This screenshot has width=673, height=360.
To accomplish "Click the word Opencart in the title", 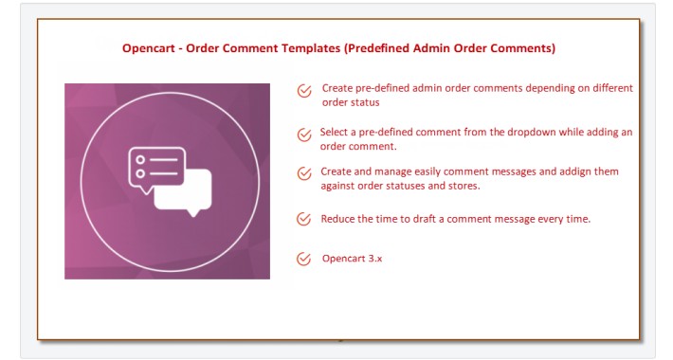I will (151, 47).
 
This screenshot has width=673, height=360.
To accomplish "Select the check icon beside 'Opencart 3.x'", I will (304, 259).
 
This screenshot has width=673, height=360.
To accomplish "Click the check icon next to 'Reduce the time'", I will (304, 220).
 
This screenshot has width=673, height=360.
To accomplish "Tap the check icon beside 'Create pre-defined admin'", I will (304, 92).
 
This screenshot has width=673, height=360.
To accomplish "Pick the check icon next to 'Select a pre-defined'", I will (304, 136).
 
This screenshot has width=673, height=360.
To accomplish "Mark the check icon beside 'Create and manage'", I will (304, 173).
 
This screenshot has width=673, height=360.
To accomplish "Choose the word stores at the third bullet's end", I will (462, 186).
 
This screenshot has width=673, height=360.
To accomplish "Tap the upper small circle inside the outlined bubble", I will (141, 160).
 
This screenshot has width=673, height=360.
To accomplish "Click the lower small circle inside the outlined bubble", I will (141, 174).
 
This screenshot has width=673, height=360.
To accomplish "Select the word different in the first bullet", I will (609, 87).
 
